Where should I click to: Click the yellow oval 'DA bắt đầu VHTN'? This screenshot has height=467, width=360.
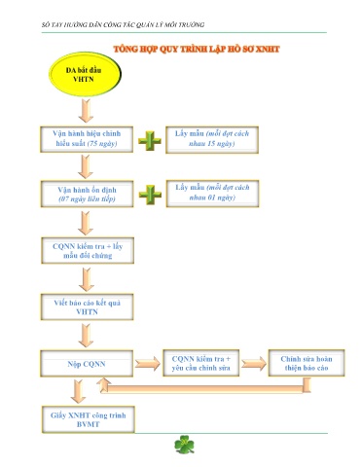pyautogui.click(x=85, y=74)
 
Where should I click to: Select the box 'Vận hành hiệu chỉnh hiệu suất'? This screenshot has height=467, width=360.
pyautogui.click(x=87, y=139)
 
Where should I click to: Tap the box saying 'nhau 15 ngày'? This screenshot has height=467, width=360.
pyautogui.click(x=212, y=139)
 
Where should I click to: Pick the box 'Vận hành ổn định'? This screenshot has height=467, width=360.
pyautogui.click(x=87, y=194)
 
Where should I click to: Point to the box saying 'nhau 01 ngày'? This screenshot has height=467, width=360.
pyautogui.click(x=212, y=194)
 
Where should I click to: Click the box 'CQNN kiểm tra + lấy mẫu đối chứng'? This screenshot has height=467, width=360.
pyautogui.click(x=88, y=250)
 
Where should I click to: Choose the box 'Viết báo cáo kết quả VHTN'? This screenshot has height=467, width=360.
pyautogui.click(x=87, y=306)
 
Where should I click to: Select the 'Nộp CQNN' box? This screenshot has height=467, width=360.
pyautogui.click(x=87, y=363)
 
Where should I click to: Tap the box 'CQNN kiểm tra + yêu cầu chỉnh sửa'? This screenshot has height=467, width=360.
pyautogui.click(x=201, y=363)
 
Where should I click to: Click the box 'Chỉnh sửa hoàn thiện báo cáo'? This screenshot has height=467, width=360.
pyautogui.click(x=306, y=363)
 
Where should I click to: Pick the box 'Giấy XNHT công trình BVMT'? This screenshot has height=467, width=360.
pyautogui.click(x=89, y=419)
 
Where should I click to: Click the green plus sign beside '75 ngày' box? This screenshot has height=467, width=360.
pyautogui.click(x=150, y=141)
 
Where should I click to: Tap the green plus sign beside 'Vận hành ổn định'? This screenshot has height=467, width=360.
pyautogui.click(x=150, y=195)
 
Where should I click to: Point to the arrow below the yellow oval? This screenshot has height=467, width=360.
pyautogui.click(x=86, y=111)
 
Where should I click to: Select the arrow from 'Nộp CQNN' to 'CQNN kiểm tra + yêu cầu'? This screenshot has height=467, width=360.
pyautogui.click(x=148, y=363)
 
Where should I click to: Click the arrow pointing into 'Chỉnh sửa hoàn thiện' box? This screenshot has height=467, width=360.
pyautogui.click(x=254, y=363)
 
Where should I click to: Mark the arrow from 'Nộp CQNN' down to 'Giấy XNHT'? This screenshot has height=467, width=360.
pyautogui.click(x=78, y=391)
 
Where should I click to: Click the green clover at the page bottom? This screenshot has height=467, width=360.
pyautogui.click(x=184, y=445)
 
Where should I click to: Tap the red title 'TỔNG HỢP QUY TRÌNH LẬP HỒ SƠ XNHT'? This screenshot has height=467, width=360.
pyautogui.click(x=197, y=49)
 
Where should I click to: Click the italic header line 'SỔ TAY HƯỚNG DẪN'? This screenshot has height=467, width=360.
pyautogui.click(x=123, y=24)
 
